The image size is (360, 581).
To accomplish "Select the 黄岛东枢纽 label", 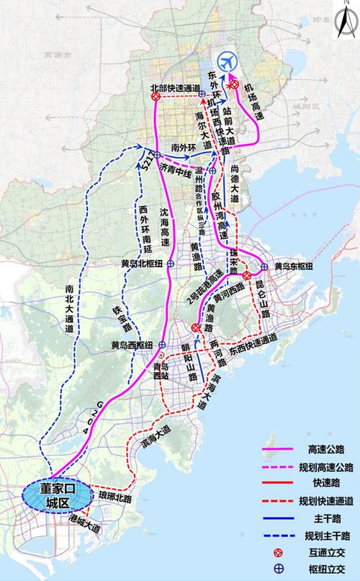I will pos(293,266).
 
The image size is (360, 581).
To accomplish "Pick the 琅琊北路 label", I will pos(109,498).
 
